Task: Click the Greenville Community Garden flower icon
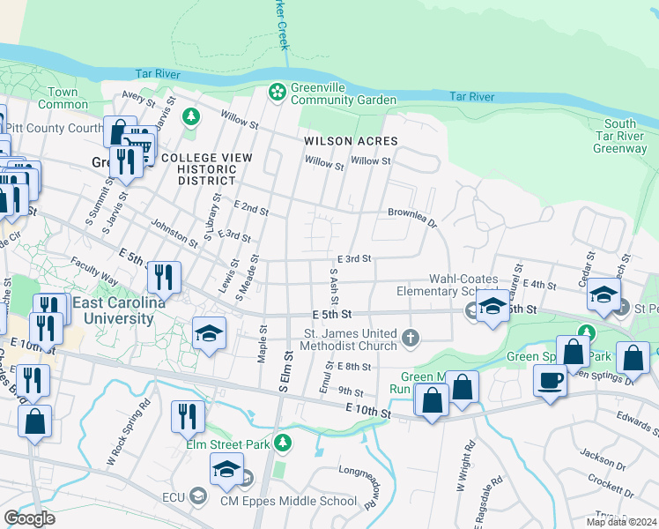[x=277, y=92]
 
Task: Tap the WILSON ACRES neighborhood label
[x=351, y=141]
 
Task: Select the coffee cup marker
[x=551, y=381]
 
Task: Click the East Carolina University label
[x=118, y=311]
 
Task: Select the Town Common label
[x=63, y=98]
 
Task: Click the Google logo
[x=29, y=518]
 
